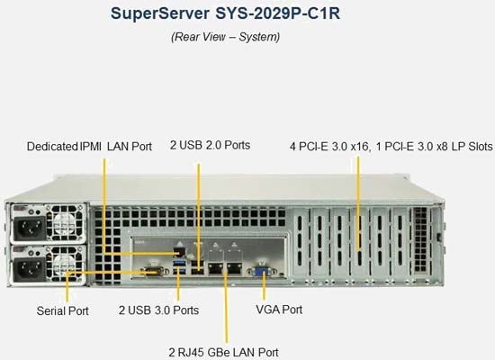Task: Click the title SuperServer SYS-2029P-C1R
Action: click(x=225, y=13)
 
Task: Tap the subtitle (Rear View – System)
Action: click(x=225, y=37)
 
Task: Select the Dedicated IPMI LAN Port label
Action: click(x=89, y=147)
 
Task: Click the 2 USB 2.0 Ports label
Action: click(x=211, y=145)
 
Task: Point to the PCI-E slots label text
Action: click(x=391, y=147)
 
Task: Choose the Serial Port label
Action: click(x=62, y=310)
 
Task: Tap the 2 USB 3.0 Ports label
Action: click(x=158, y=310)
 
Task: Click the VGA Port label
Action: click(x=279, y=310)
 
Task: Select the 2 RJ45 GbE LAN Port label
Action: click(x=223, y=353)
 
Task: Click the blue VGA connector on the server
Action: click(x=262, y=271)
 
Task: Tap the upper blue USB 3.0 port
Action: click(x=179, y=263)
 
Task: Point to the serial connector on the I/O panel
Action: click(x=154, y=271)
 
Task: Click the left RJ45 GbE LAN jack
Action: click(x=215, y=268)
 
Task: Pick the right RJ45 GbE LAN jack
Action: click(x=234, y=268)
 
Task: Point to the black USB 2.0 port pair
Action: click(x=198, y=267)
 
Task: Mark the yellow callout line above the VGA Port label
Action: click(x=264, y=285)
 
